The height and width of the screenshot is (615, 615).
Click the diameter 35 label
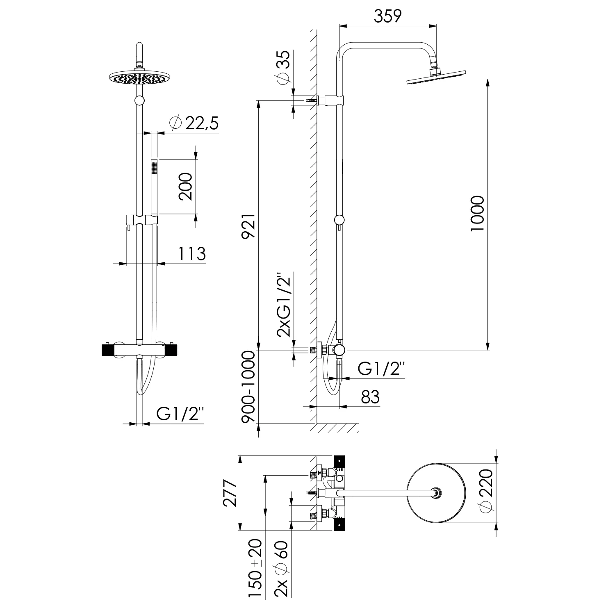283,68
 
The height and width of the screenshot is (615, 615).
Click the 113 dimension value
191,254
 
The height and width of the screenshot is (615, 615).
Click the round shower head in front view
139,77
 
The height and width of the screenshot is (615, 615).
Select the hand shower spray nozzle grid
154,168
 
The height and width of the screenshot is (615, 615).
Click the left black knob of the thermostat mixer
108,350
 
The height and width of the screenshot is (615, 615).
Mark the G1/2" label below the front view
180,415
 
